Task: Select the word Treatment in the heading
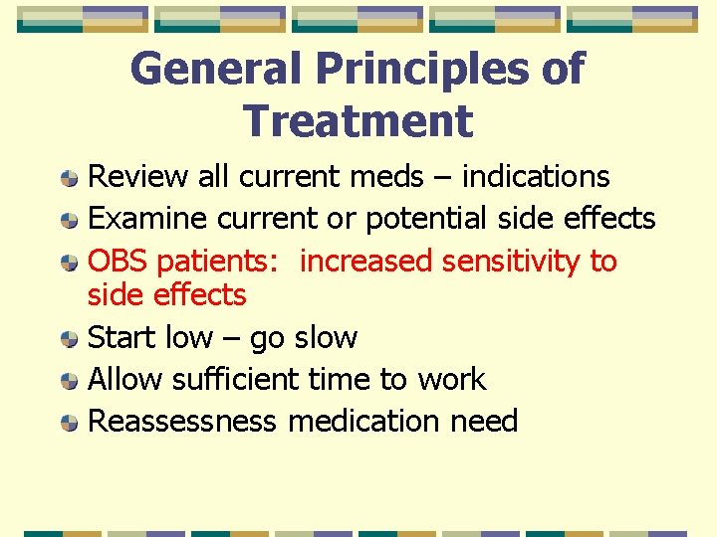click(x=358, y=121)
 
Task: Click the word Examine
click(x=147, y=219)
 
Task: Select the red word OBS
click(x=119, y=262)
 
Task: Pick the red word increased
click(x=365, y=262)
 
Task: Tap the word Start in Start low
click(x=122, y=338)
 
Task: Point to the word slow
click(x=324, y=338)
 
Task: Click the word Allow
click(x=126, y=379)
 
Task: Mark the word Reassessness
click(x=182, y=422)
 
